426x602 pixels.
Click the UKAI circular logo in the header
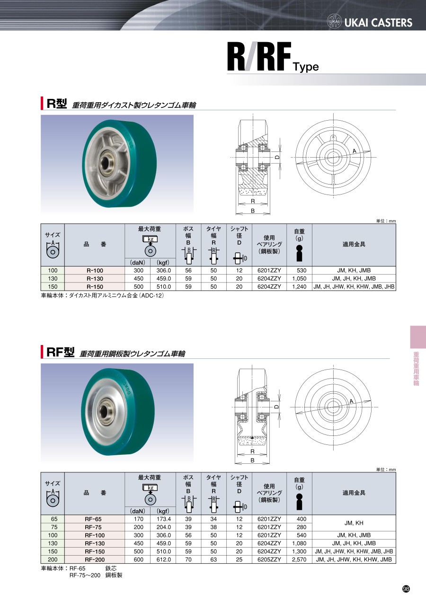coord(334,21)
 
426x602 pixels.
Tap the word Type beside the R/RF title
coord(306,66)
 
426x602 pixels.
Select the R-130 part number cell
coord(95,278)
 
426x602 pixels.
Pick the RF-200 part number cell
coord(95,559)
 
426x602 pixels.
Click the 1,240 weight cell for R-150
coord(299,287)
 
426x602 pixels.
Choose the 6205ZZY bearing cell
coord(269,559)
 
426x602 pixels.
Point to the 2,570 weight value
coord(299,559)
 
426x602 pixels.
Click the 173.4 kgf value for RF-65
coord(163,519)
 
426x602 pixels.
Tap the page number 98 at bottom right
coord(406,589)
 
